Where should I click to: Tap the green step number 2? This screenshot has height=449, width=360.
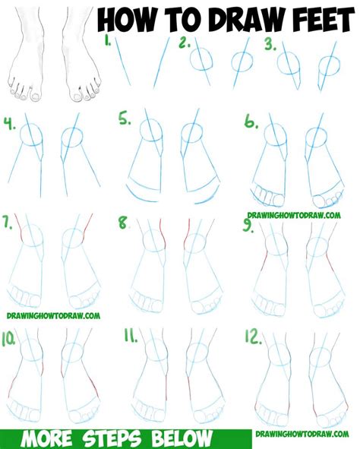[x=184, y=43]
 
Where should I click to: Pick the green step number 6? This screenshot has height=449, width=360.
[x=250, y=120]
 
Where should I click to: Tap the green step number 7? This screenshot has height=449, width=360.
[x=9, y=223]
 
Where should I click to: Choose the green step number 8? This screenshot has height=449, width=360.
[x=124, y=223]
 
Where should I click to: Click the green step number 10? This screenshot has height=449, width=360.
[x=11, y=334]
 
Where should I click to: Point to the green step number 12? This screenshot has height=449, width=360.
[x=252, y=334]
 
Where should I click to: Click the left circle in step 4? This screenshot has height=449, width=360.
[x=33, y=137]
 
